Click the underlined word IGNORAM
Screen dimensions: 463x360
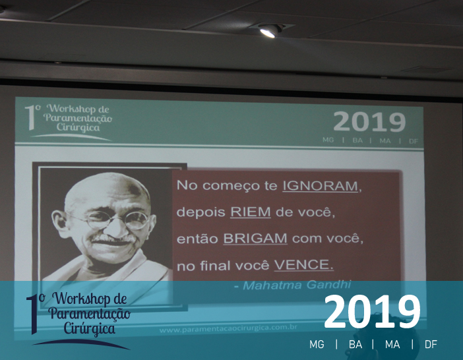pyautogui.click(x=320, y=186)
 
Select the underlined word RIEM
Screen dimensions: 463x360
pyautogui.click(x=251, y=212)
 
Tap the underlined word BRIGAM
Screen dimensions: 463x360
pyautogui.click(x=255, y=239)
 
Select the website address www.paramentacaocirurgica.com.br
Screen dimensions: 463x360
pyautogui.click(x=228, y=328)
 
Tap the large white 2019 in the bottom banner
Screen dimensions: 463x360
pyautogui.click(x=372, y=312)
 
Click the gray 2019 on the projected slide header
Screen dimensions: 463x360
pyautogui.click(x=369, y=121)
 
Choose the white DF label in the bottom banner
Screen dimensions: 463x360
pyautogui.click(x=431, y=344)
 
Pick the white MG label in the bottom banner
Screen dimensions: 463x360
pyautogui.click(x=317, y=344)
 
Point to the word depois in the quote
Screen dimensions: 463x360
pyautogui.click(x=201, y=212)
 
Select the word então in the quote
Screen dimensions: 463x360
pyautogui.click(x=197, y=239)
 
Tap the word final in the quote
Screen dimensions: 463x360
pyautogui.click(x=215, y=265)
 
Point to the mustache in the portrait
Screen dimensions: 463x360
pyautogui.click(x=111, y=239)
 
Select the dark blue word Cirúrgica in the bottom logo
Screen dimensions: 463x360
pyautogui.click(x=89, y=329)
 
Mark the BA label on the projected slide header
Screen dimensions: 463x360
pyautogui.click(x=357, y=140)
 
